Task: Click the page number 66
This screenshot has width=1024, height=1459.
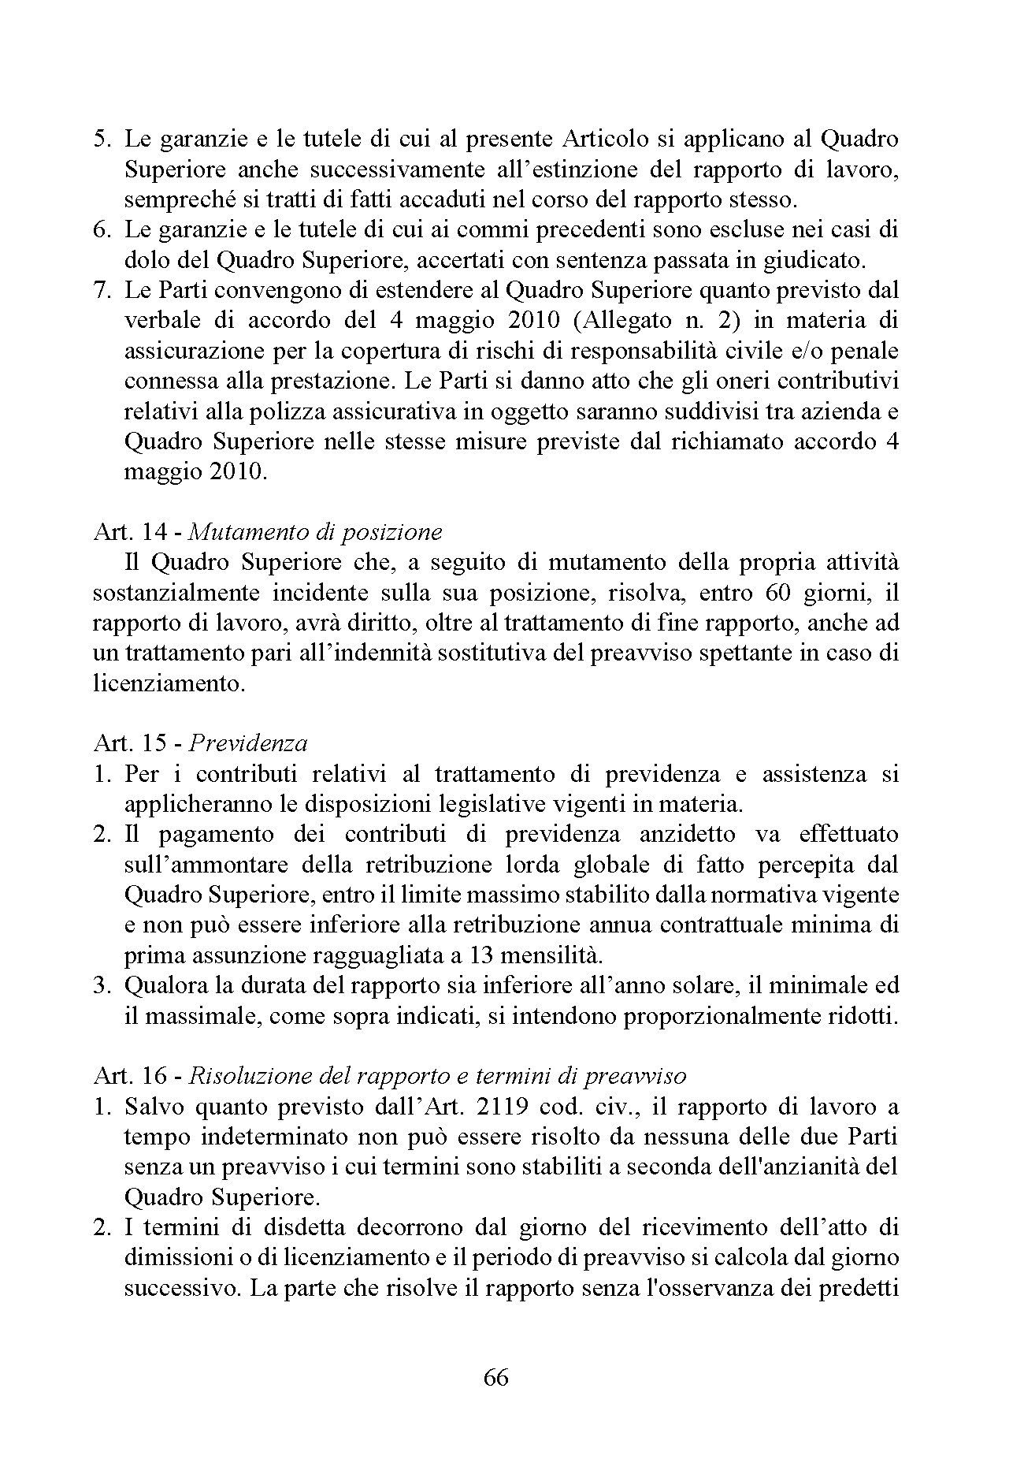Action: click(496, 1377)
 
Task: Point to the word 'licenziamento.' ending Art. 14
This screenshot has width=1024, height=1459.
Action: click(169, 683)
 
